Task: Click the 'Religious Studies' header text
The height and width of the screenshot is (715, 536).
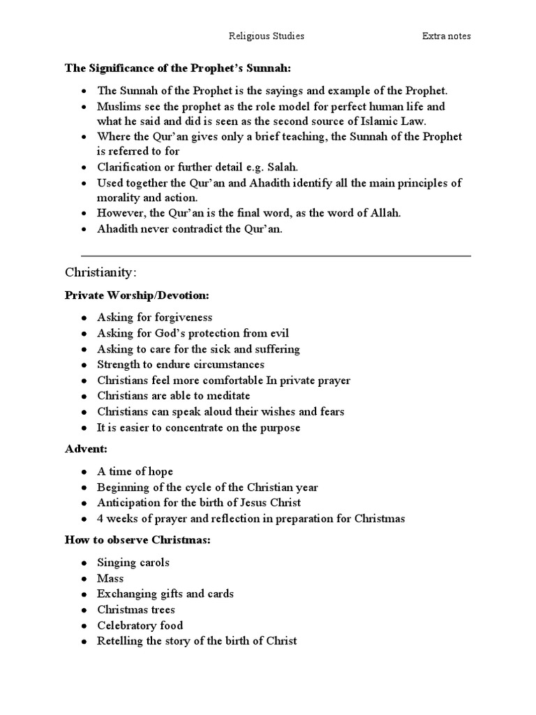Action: pos(267,36)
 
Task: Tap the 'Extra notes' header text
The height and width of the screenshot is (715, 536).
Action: pos(446,36)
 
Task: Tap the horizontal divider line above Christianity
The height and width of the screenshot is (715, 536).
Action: pos(276,256)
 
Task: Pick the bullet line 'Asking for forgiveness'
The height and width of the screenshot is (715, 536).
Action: pos(154,318)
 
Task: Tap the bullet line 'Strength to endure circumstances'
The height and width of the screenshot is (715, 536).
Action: pos(181,364)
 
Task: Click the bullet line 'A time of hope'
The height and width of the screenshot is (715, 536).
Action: pos(135,471)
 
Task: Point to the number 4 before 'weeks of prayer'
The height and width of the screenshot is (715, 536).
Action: pos(100,518)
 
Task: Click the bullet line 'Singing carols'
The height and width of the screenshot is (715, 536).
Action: pos(133,562)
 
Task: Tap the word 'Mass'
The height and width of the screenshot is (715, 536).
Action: pos(110,578)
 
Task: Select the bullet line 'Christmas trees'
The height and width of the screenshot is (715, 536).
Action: pos(136,610)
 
